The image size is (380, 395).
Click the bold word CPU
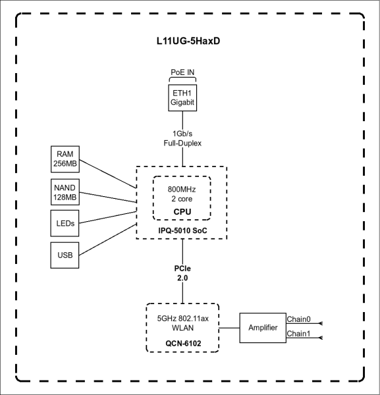coord(182,212)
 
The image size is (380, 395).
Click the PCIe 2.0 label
coord(182,274)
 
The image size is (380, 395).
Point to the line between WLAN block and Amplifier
coord(228,327)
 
